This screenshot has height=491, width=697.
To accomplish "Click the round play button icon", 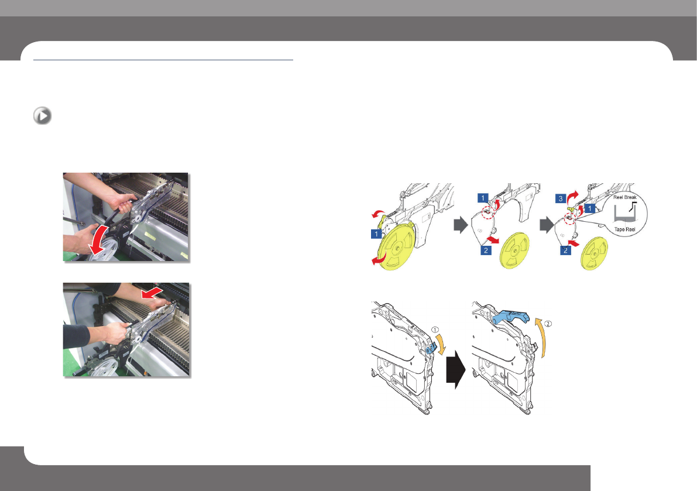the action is (42, 116).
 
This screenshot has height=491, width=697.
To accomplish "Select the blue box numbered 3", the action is (561, 198).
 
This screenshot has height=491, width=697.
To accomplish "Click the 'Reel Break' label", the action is (625, 197).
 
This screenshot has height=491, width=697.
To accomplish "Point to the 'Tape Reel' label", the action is (624, 229).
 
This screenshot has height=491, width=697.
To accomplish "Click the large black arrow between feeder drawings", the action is (455, 369).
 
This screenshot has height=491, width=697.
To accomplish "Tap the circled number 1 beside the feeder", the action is (435, 329).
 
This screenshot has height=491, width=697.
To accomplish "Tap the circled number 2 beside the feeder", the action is (548, 324).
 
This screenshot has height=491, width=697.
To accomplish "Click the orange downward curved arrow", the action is (440, 345).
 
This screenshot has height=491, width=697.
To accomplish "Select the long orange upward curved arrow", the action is (541, 338).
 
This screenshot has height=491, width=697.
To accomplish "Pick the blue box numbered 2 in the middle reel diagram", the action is (486, 250).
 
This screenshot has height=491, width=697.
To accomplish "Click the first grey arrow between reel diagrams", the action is (461, 225).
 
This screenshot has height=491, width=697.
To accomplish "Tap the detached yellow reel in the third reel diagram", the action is (595, 253).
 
